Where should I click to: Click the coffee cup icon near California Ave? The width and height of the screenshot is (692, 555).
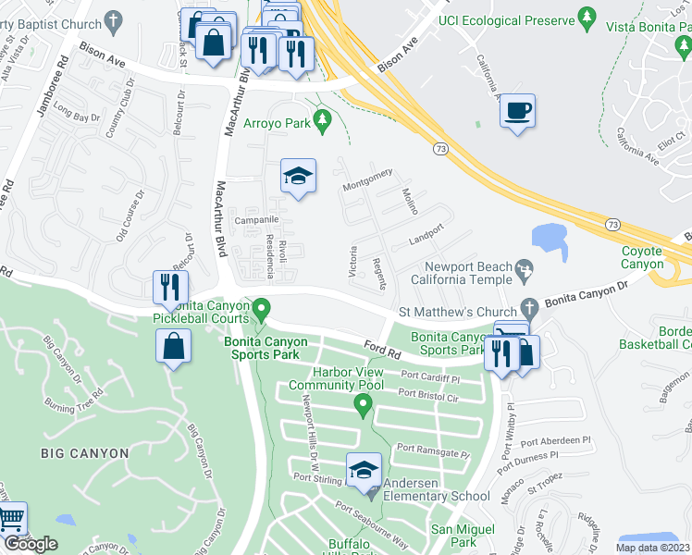[517, 112]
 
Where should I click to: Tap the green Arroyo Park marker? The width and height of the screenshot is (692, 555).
[322, 119]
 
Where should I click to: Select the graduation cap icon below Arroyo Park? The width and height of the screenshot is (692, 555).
[298, 176]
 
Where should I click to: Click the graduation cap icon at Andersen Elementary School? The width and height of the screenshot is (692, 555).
[364, 470]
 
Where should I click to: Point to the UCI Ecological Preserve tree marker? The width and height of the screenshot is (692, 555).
[586, 18]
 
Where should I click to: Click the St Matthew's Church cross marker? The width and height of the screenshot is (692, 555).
[529, 307]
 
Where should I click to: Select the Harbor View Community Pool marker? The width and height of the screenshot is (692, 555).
[364, 404]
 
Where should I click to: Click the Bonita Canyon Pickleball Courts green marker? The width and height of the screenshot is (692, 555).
[261, 307]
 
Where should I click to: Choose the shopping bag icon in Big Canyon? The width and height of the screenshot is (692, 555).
[173, 348]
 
